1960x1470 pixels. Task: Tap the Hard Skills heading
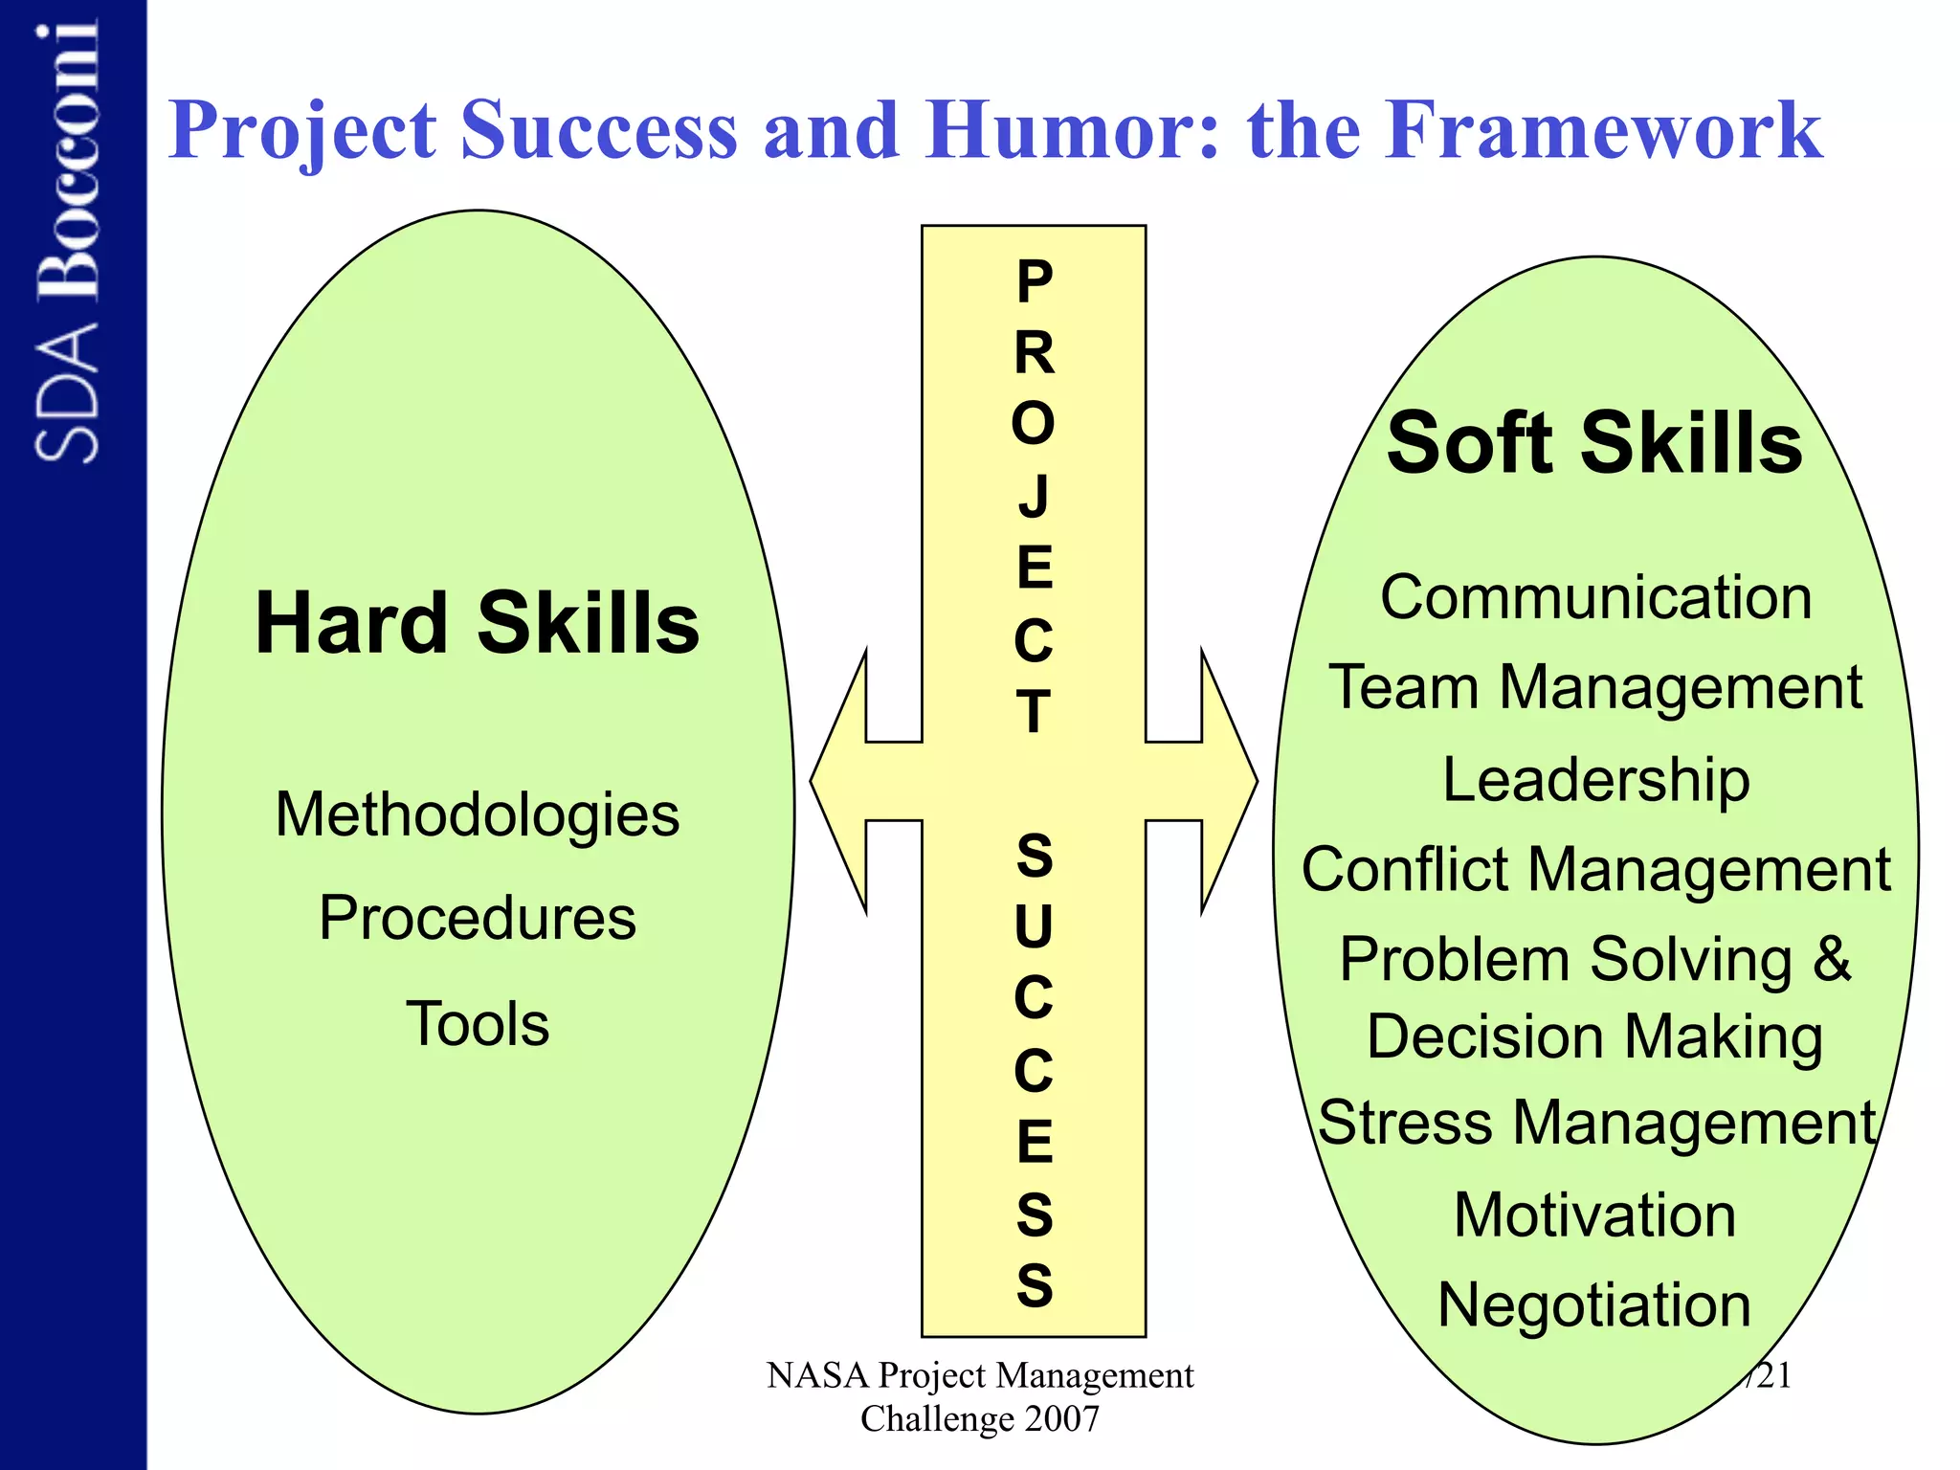click(477, 623)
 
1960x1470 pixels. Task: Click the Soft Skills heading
click(1594, 443)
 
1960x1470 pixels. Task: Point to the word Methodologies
click(477, 814)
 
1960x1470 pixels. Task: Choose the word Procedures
click(477, 918)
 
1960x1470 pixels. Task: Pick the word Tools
click(477, 1023)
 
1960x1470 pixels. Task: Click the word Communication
click(1595, 597)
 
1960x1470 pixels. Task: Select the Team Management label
click(1595, 689)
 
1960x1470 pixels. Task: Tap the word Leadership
click(1595, 779)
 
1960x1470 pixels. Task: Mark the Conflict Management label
click(1595, 870)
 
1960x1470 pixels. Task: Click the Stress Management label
click(1595, 1122)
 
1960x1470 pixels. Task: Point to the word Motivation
click(1594, 1214)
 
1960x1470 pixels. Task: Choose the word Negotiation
click(1594, 1304)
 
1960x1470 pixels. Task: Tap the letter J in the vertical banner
click(1034, 497)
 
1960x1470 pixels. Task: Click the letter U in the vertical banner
click(1034, 926)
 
